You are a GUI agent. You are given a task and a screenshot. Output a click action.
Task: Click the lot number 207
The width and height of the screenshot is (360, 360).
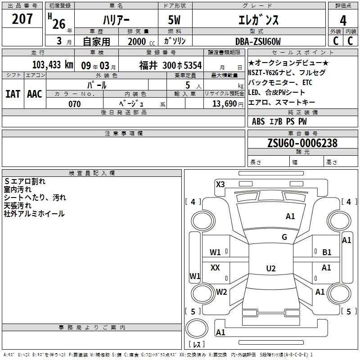22,20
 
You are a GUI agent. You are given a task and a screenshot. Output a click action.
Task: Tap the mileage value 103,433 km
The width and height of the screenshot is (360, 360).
52,65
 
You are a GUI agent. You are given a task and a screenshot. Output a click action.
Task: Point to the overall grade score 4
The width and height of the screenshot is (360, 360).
343,20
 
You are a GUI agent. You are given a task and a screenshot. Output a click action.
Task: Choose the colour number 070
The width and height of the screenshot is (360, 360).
74,104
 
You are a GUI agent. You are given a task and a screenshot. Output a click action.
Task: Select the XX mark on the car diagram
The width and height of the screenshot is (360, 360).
216,268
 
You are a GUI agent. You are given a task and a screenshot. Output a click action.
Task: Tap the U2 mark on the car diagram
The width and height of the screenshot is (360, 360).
270,269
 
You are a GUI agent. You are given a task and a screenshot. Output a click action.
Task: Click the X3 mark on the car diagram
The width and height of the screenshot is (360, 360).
220,184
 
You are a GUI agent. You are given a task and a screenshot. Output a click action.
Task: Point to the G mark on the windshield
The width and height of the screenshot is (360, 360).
284,237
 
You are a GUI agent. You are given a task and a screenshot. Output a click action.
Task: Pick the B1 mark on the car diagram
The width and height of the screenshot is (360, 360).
327,252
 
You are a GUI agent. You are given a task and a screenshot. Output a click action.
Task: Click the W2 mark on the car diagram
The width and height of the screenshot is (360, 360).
221,292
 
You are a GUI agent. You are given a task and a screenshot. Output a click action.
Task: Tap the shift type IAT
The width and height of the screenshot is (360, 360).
13,94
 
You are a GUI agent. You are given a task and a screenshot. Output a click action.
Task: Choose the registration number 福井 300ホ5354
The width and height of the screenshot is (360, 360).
170,65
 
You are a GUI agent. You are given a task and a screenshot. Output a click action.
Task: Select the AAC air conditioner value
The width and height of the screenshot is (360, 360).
34,94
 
